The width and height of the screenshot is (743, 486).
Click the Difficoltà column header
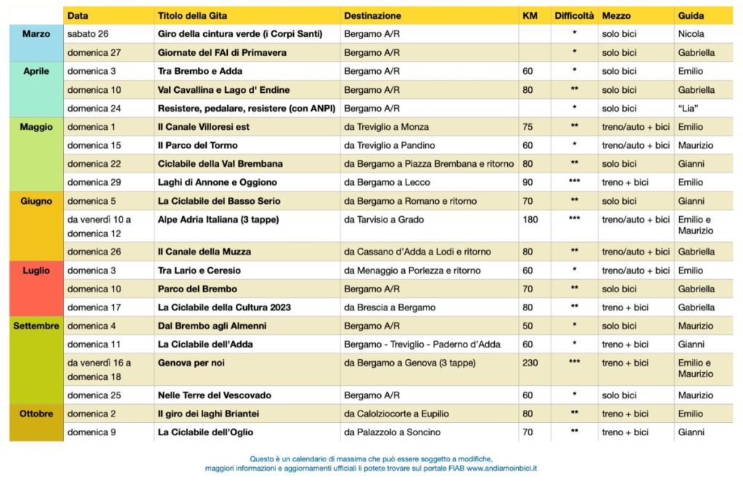pyautogui.click(x=574, y=15)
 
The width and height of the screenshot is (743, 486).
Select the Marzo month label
pyautogui.click(x=36, y=34)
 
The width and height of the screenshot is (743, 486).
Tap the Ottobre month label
pyautogui.click(x=36, y=413)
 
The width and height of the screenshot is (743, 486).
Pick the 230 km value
pyautogui.click(x=530, y=363)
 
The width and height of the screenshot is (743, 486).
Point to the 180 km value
pyautogui.click(x=530, y=219)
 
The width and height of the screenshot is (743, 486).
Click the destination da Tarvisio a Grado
pyautogui.click(x=384, y=219)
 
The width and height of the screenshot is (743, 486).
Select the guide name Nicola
pyautogui.click(x=691, y=34)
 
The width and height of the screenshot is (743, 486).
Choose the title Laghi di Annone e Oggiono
pyautogui.click(x=217, y=182)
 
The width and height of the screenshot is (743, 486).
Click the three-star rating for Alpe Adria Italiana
pyautogui.click(x=574, y=219)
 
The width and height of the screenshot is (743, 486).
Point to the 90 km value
pyautogui.click(x=528, y=182)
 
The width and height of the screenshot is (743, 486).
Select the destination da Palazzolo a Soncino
pyautogui.click(x=393, y=432)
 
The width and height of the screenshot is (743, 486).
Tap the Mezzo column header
pyautogui.click(x=616, y=15)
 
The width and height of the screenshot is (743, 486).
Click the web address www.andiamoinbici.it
pyautogui.click(x=501, y=469)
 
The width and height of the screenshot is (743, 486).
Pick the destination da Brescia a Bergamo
pyautogui.click(x=387, y=307)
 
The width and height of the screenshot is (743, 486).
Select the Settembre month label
pyautogui.click(x=36, y=326)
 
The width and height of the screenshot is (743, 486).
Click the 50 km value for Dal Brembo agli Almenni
pyautogui.click(x=528, y=326)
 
